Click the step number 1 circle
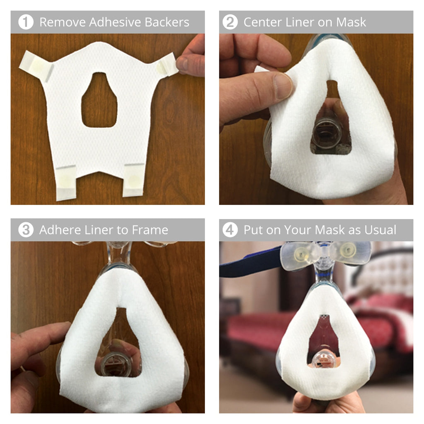tap(26, 22)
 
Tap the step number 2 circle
tap(230, 22)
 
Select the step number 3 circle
tap(26, 230)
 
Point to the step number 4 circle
tap(230, 230)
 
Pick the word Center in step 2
tap(265, 22)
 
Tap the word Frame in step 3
tap(149, 230)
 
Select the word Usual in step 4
tap(380, 230)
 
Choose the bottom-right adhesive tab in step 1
tap(133, 180)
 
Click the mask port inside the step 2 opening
tap(327, 135)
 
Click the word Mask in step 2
tap(351, 22)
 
